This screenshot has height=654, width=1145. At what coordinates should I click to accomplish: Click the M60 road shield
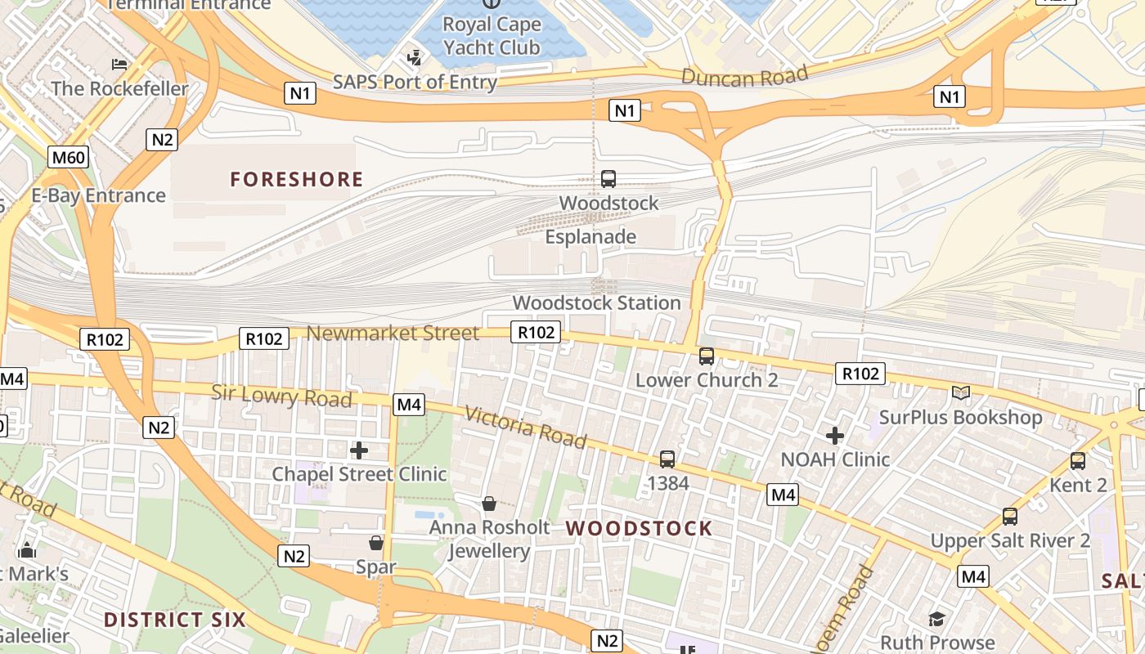[68, 157]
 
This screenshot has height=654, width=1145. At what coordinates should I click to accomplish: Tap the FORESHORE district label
[296, 179]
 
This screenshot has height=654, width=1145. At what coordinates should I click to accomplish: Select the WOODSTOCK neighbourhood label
[639, 528]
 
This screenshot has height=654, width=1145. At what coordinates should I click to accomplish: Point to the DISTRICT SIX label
[174, 620]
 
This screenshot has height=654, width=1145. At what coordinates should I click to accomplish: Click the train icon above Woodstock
[608, 178]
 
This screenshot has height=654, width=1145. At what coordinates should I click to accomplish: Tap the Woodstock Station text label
[596, 302]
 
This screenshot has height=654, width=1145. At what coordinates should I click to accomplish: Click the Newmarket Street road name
[393, 333]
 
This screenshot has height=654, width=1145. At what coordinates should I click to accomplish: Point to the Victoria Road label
[525, 427]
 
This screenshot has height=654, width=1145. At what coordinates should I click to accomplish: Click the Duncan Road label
[744, 76]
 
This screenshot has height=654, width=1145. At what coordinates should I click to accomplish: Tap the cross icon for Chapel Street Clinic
[358, 450]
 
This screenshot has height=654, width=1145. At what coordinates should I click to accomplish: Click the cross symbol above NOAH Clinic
[834, 436]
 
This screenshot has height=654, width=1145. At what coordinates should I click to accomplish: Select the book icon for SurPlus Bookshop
[961, 393]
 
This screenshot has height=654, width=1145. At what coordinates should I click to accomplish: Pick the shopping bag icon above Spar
[376, 543]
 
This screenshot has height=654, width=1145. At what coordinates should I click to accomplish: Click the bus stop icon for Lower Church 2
[706, 356]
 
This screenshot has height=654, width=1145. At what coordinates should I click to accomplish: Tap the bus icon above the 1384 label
[667, 459]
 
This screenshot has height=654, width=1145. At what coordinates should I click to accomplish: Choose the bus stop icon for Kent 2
[1078, 461]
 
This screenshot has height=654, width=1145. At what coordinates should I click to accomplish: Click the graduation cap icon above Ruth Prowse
[936, 619]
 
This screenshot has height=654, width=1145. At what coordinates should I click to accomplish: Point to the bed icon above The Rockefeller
[119, 65]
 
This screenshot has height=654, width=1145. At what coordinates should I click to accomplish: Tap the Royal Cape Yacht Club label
[492, 36]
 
